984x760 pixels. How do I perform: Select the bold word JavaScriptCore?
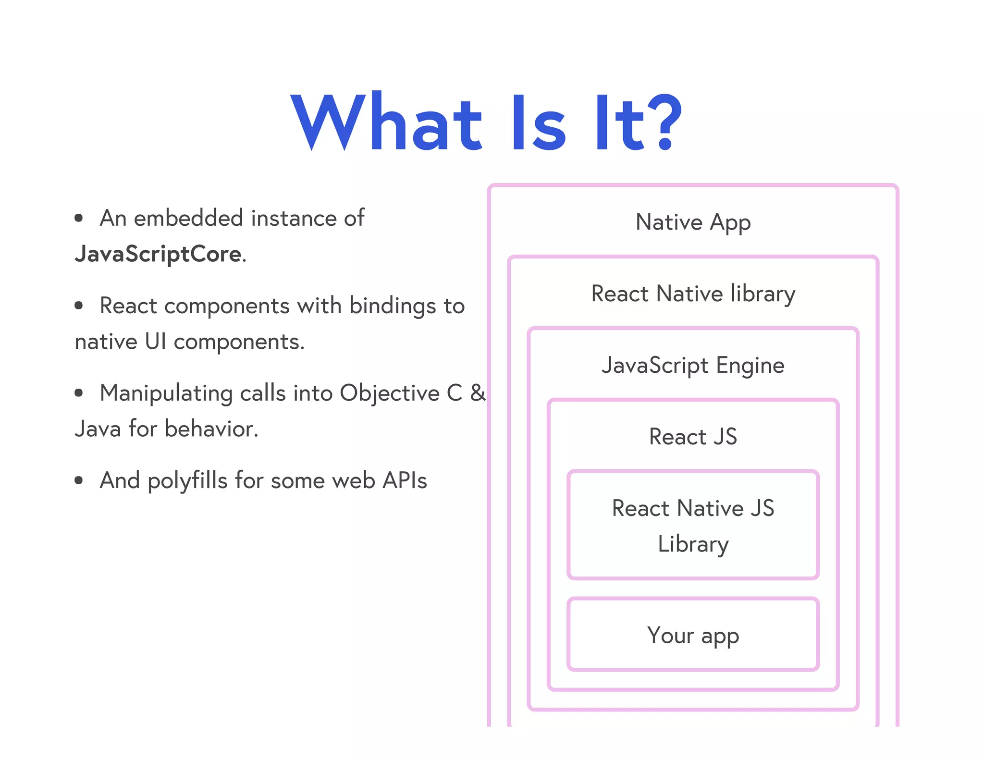tap(158, 254)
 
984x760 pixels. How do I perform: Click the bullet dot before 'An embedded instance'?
tap(79, 219)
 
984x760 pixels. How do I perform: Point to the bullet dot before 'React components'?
tap(79, 306)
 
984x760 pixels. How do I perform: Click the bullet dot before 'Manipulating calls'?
tap(79, 393)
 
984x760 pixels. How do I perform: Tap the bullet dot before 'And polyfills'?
tap(79, 480)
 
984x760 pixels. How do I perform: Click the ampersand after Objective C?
tap(478, 393)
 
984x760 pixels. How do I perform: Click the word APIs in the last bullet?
tap(405, 480)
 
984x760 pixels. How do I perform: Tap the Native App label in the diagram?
tap(693, 222)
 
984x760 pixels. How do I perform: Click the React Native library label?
tap(693, 294)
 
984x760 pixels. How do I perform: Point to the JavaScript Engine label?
tap(693, 366)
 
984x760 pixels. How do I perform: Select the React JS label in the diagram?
tap(693, 437)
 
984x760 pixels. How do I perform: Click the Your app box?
tap(693, 635)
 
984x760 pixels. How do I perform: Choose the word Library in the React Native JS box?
tap(693, 544)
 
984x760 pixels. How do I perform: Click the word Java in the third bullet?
tap(98, 429)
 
